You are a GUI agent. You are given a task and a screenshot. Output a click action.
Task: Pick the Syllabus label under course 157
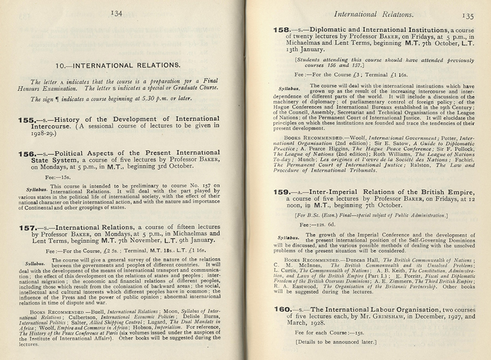pyautogui.click(x=36, y=264)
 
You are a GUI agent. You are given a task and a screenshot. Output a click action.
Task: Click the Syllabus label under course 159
pyautogui.click(x=289, y=237)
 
